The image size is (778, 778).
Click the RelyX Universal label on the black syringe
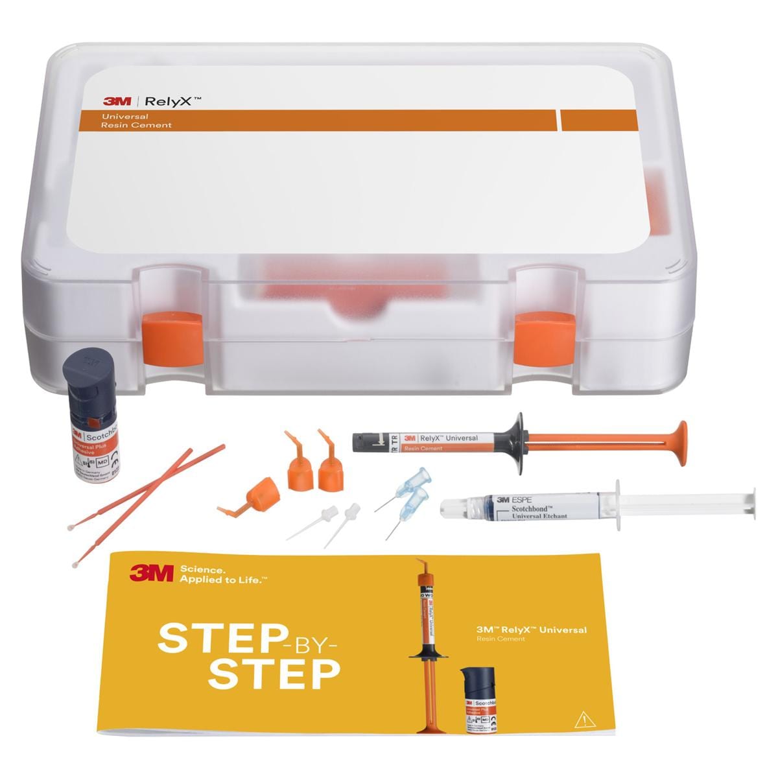pos(441,439)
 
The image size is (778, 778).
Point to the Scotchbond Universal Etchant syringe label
pos(532,508)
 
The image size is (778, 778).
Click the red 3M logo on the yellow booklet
pos(151,572)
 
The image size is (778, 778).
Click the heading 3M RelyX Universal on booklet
pos(531,630)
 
